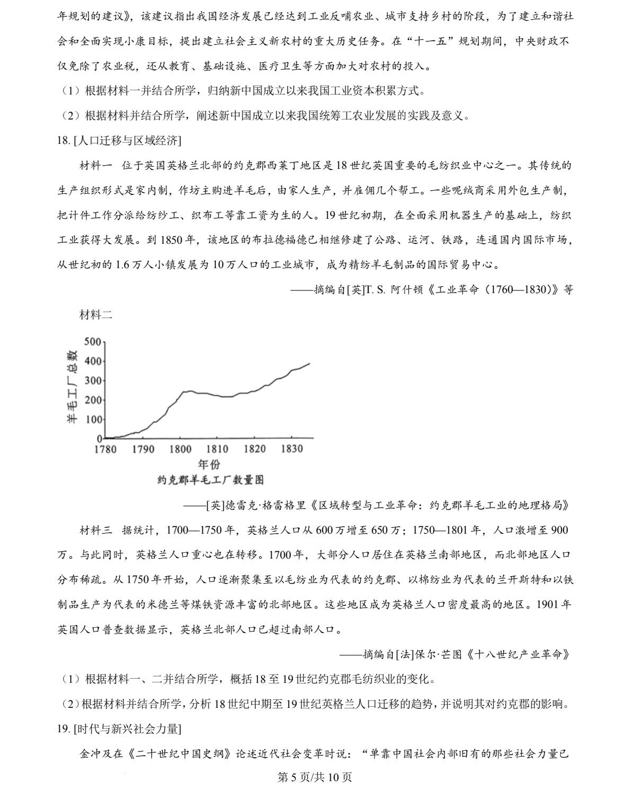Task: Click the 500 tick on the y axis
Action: pyautogui.click(x=92, y=341)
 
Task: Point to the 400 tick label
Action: pyautogui.click(x=92, y=361)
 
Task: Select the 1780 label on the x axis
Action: pyautogui.click(x=105, y=449)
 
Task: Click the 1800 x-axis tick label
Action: pyautogui.click(x=180, y=449)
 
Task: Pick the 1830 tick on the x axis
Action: pyautogui.click(x=291, y=449)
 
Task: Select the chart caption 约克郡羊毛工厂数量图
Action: pyautogui.click(x=210, y=480)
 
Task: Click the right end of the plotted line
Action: pyautogui.click(x=309, y=364)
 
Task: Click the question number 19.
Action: pyautogui.click(x=63, y=729)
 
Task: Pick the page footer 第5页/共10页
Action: pyautogui.click(x=315, y=777)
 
